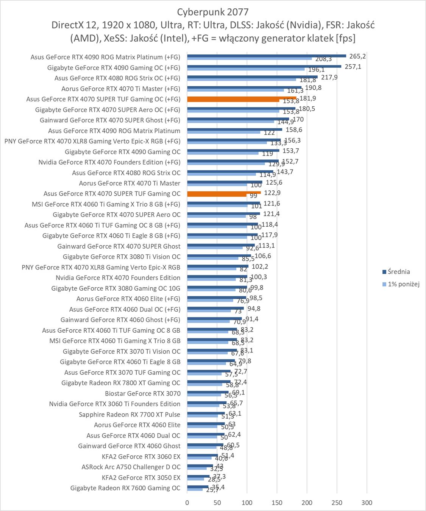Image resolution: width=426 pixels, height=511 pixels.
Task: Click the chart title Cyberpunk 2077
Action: (x=213, y=12)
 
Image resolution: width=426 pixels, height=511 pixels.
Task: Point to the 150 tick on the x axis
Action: (x=277, y=503)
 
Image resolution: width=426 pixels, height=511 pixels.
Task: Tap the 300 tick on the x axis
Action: (x=367, y=503)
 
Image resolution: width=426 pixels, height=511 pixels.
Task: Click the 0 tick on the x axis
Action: (x=187, y=503)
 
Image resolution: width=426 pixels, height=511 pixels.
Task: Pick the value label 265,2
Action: (x=357, y=56)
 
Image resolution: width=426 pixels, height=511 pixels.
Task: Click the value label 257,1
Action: (x=353, y=67)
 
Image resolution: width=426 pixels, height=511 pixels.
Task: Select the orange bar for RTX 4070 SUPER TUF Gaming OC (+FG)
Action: (x=242, y=98)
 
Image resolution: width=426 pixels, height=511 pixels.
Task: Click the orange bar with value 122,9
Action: (x=224, y=193)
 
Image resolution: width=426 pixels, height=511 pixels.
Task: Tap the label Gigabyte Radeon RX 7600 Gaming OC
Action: (x=125, y=488)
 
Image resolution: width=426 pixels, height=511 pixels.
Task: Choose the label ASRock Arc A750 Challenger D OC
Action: (x=131, y=467)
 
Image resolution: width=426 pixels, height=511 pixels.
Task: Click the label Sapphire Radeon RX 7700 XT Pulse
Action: (x=130, y=414)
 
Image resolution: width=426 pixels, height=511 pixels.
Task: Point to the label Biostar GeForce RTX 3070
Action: (x=143, y=393)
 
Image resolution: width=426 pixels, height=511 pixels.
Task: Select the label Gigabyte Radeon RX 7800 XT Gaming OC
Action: (x=121, y=383)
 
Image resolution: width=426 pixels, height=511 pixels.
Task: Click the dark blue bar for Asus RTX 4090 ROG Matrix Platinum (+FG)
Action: (x=267, y=56)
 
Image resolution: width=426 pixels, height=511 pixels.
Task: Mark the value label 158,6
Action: (x=294, y=130)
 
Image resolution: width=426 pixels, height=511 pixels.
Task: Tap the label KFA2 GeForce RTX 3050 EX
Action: (x=141, y=477)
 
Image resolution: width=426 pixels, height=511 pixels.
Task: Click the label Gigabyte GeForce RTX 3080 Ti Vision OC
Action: (x=122, y=257)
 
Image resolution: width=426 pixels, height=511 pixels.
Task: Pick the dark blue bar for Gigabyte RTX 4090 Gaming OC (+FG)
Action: (x=264, y=66)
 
